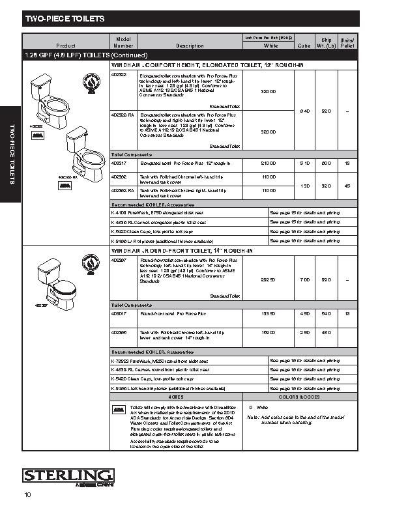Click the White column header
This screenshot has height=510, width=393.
(x=270, y=46)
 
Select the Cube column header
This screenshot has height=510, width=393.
(x=304, y=46)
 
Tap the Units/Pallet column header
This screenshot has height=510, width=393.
(x=347, y=43)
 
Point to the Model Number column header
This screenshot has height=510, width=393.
(x=123, y=43)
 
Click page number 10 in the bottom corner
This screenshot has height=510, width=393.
(x=28, y=495)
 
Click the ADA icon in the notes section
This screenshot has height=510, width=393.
(x=119, y=410)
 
